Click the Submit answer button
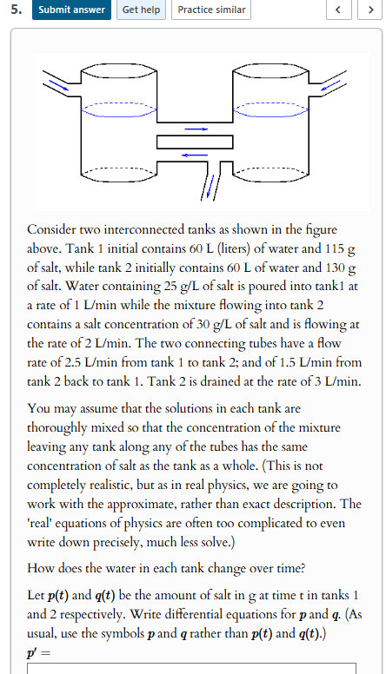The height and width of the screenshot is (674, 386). pos(71,10)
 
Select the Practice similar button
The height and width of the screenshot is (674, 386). pos(211,10)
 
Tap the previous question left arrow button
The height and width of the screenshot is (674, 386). pos(340,10)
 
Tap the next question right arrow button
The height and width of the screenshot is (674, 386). pos(369,10)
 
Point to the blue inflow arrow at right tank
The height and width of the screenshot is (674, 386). pos(333,84)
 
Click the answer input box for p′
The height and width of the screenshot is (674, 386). pos(191,668)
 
